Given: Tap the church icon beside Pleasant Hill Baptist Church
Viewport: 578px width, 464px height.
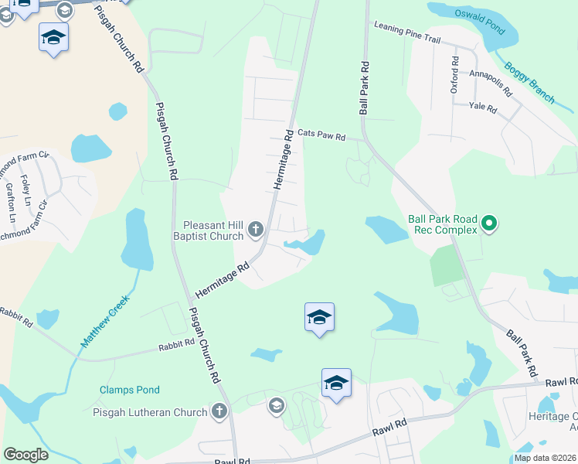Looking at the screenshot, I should [x=257, y=230].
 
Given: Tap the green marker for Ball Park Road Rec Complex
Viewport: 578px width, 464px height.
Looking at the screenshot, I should [x=488, y=225].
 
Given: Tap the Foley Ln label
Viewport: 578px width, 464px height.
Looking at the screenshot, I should [x=25, y=185].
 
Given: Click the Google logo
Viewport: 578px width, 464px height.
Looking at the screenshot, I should [x=25, y=455].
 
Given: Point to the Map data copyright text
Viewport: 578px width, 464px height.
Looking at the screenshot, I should [x=544, y=458].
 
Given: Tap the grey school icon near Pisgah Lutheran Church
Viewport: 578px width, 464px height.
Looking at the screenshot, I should [x=276, y=405].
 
